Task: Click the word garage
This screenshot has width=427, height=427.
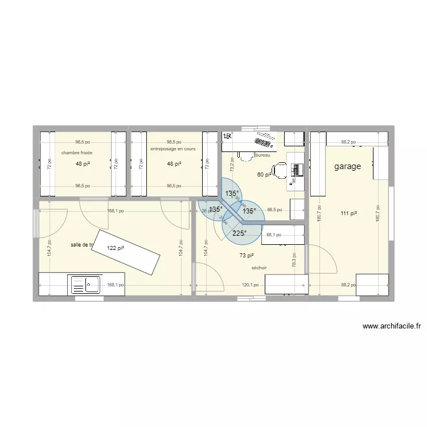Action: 347,167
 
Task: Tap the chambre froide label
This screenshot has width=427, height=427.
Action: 77,153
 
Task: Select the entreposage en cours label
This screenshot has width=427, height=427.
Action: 173,149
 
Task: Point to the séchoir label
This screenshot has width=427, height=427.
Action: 258,268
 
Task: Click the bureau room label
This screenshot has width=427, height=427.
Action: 263,155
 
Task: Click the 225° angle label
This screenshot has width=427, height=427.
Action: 240,233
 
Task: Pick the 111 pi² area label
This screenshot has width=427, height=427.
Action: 349,213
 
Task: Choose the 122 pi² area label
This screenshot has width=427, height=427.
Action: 116,248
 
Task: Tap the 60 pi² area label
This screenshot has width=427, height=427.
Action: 265,175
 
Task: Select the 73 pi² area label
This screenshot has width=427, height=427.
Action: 247,256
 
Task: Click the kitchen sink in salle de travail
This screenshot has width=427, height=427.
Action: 85,284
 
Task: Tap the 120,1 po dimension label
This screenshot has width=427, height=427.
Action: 250,285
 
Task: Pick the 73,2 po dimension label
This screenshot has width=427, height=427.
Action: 232,165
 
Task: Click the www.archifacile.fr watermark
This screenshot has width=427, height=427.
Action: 391,327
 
